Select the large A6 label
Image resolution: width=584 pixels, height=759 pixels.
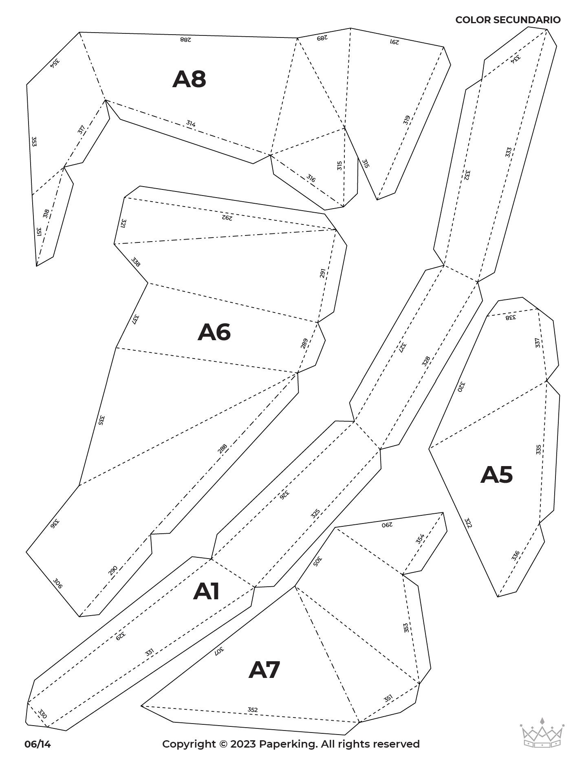214,332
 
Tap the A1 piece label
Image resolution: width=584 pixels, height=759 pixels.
206,591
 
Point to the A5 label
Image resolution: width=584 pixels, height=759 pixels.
496,475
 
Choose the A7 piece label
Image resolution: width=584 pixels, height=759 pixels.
264,670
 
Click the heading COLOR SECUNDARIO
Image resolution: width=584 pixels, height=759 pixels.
508,20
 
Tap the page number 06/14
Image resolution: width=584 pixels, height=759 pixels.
37,744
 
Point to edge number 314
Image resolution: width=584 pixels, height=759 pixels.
191,123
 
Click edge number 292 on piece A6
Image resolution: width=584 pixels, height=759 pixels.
227,217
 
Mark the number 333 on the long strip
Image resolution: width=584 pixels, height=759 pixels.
508,152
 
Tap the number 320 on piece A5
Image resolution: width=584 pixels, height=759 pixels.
461,386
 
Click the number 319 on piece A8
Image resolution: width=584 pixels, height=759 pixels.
406,120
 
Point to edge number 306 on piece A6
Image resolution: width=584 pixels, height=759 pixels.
57,584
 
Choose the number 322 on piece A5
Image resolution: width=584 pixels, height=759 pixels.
468,523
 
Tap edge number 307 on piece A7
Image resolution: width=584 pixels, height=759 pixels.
219,651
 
